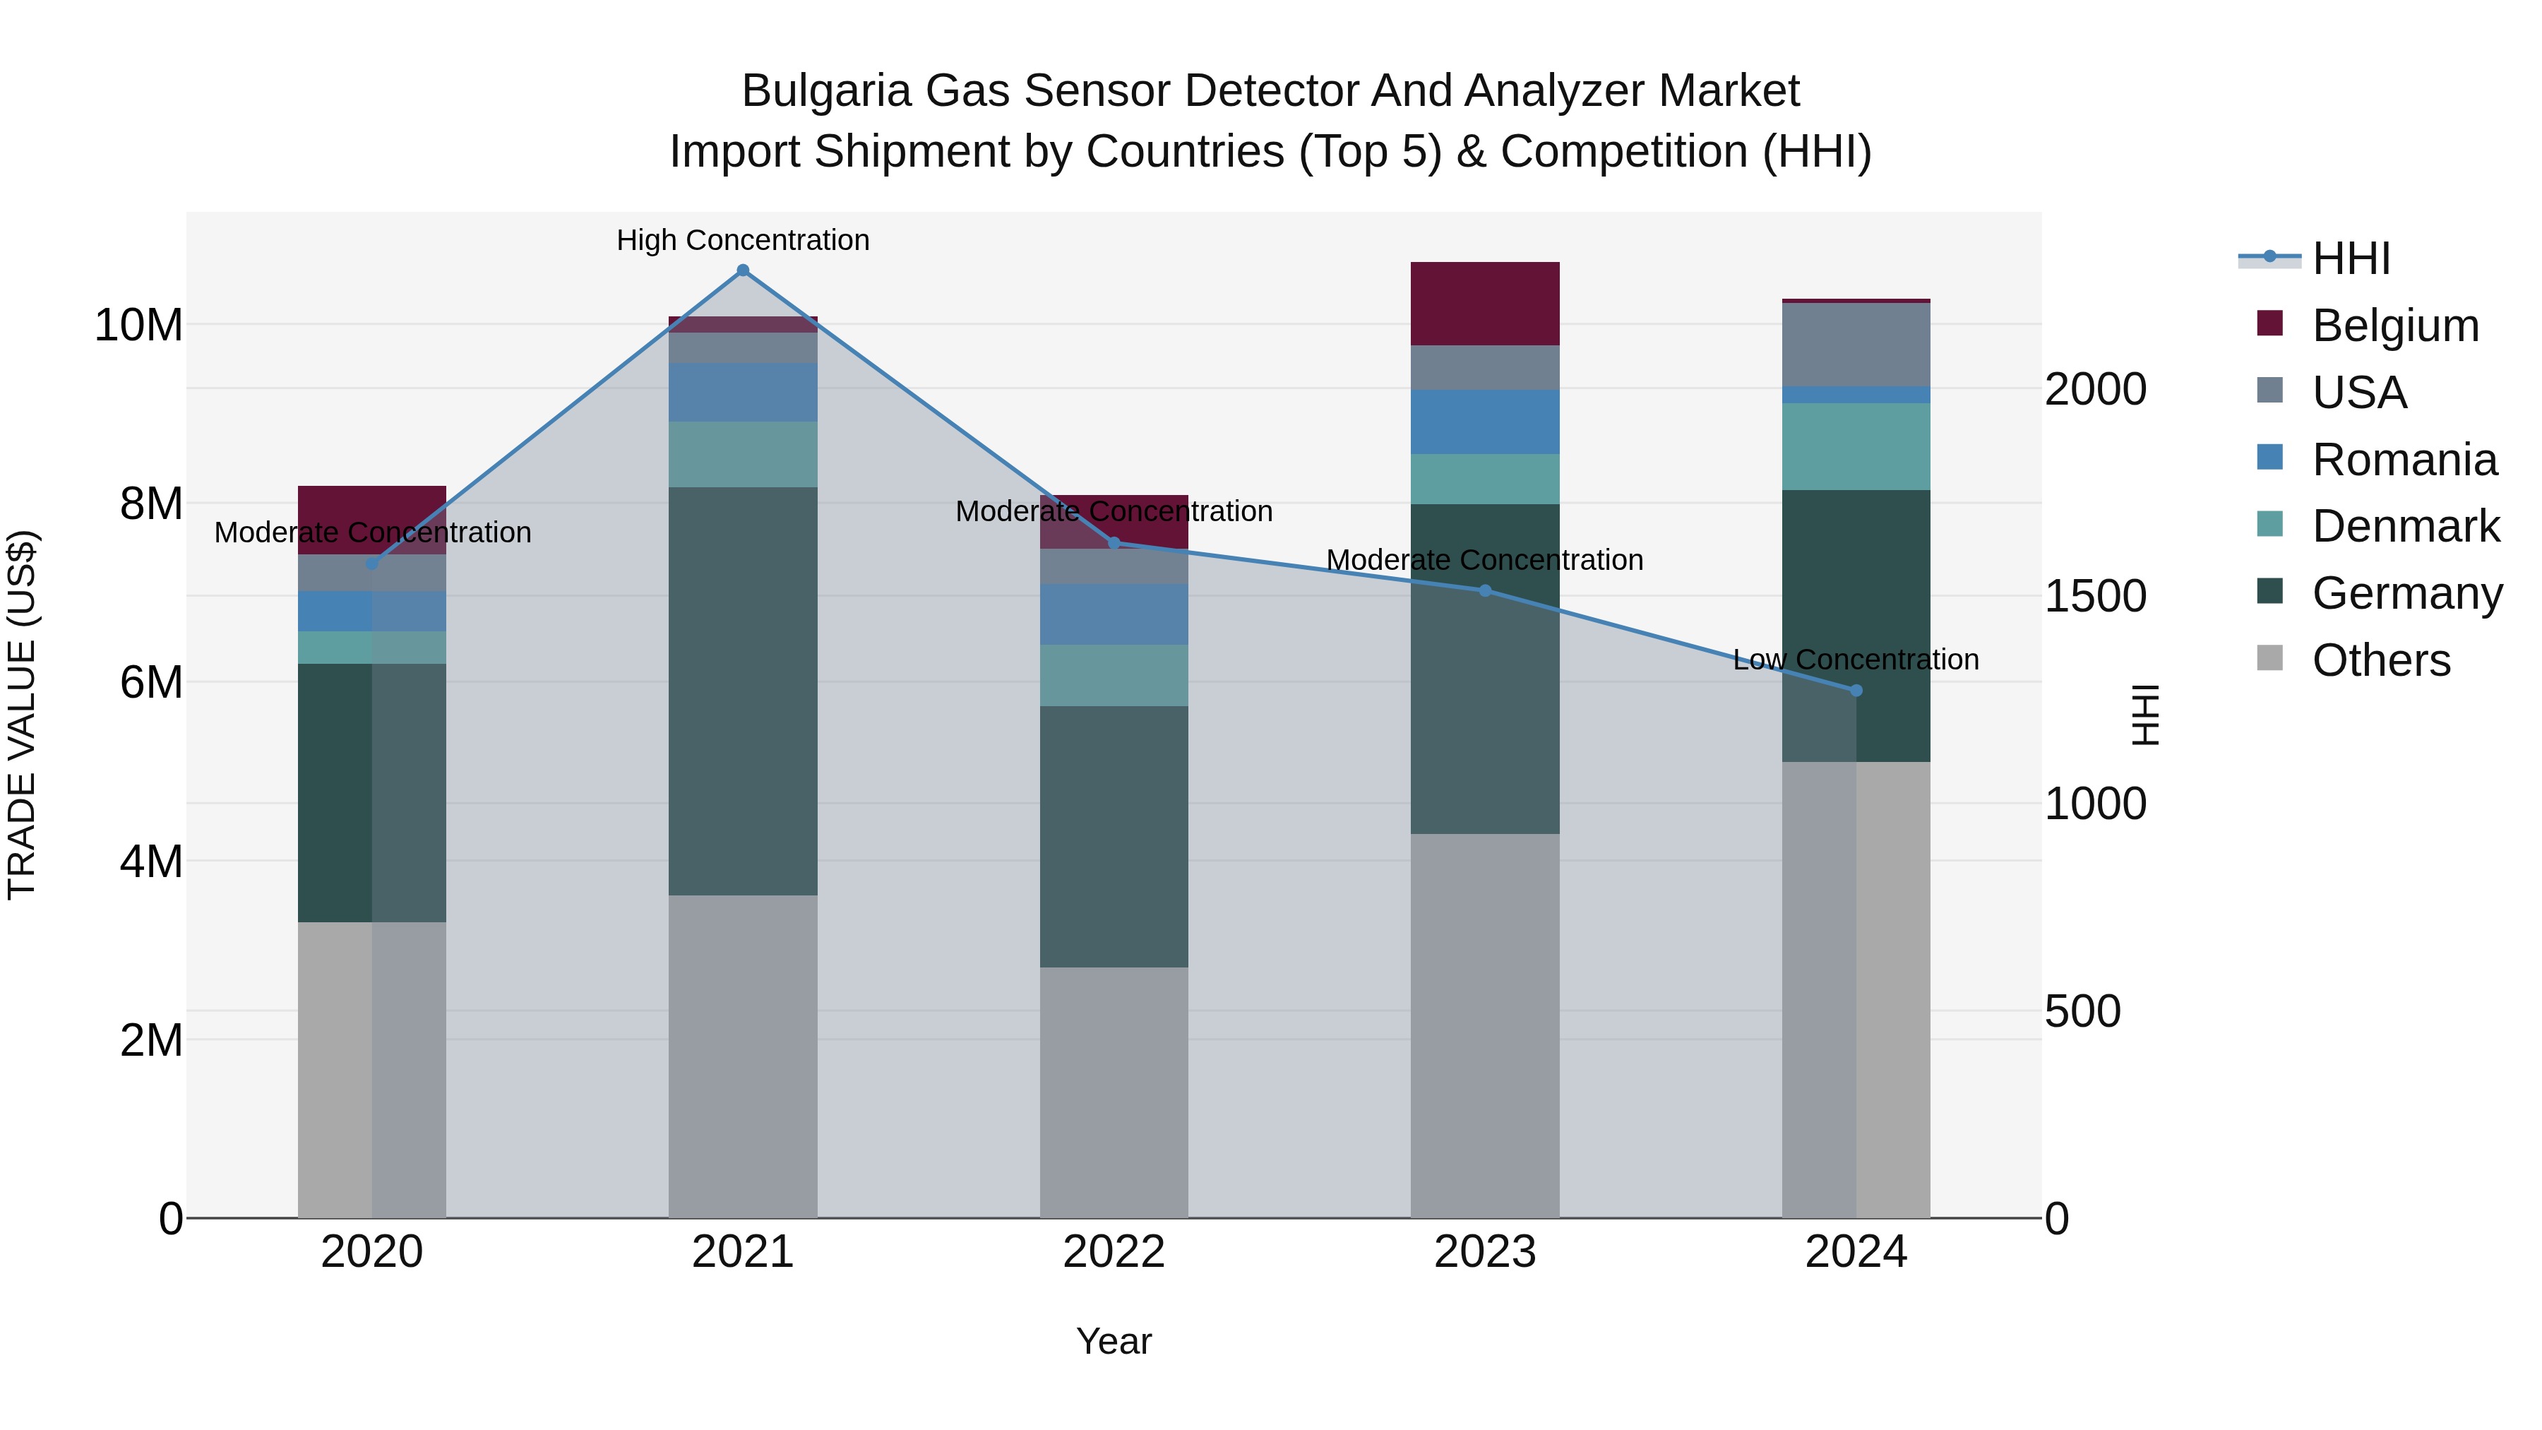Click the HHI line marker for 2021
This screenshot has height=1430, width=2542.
coord(743,270)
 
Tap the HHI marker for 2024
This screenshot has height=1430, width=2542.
coord(1856,691)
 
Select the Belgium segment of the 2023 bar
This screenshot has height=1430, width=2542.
coord(1484,303)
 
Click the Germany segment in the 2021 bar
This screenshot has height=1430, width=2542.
coord(743,691)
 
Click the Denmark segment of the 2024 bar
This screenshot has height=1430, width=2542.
coord(1856,446)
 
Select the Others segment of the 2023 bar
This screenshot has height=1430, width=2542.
coord(1484,1026)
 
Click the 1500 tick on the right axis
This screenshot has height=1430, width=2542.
coord(2094,596)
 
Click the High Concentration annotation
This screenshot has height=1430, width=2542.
coord(743,240)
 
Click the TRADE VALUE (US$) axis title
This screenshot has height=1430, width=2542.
coord(22,715)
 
